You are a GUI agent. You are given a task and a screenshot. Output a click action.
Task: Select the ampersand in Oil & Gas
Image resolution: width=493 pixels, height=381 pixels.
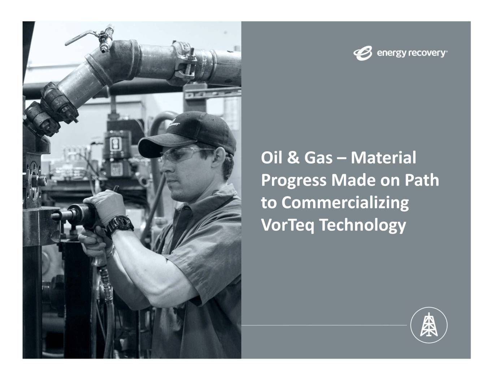[293, 158]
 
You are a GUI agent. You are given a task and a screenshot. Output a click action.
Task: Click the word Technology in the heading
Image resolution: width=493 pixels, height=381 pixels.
[363, 226]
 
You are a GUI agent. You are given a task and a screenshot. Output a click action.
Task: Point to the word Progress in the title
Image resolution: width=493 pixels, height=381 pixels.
[294, 181]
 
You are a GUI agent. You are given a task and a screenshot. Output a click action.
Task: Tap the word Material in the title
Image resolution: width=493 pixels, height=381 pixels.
[383, 157]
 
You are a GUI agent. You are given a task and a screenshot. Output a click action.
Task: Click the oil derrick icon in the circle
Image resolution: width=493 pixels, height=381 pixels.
[429, 325]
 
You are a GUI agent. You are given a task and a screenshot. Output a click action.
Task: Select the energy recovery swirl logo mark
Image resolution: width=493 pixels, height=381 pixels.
[362, 53]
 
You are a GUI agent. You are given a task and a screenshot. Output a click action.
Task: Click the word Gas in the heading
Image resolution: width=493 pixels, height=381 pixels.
[319, 157]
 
